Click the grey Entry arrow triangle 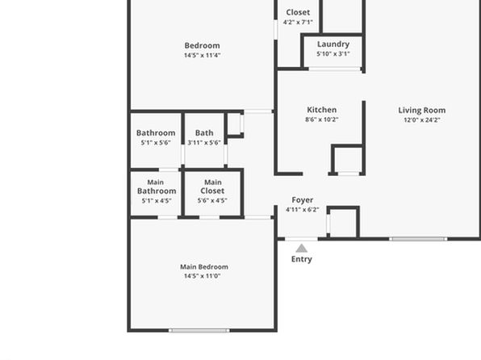pyautogui.click(x=302, y=248)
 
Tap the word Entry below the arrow pyautogui.click(x=302, y=259)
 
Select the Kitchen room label pyautogui.click(x=322, y=110)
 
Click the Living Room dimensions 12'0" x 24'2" pyautogui.click(x=422, y=120)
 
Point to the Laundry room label pyautogui.click(x=333, y=44)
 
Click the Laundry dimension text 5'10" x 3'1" pyautogui.click(x=333, y=54)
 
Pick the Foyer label pyautogui.click(x=303, y=200)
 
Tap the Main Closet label pyautogui.click(x=212, y=186)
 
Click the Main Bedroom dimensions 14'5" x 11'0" pyautogui.click(x=202, y=276)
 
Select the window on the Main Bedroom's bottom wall pyautogui.click(x=199, y=330)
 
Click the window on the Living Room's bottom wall pyautogui.click(x=418, y=239)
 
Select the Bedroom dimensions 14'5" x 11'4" pyautogui.click(x=202, y=56)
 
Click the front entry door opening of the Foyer pyautogui.click(x=301, y=239)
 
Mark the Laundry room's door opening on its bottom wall pyautogui.click(x=334, y=69)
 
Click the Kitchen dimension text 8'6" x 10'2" pyautogui.click(x=322, y=119)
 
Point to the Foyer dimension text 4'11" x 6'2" pyautogui.click(x=303, y=210)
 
